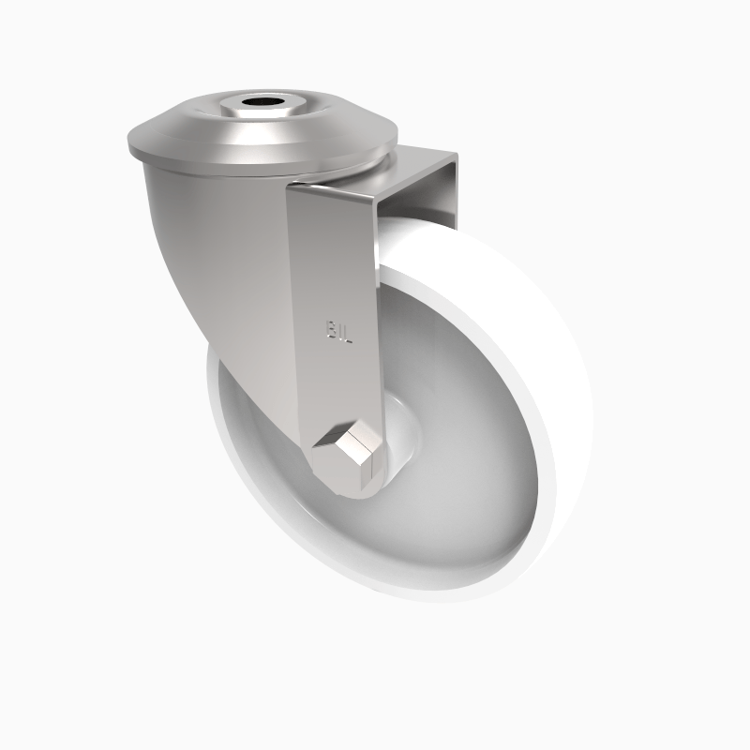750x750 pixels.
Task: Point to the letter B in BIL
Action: point(331,330)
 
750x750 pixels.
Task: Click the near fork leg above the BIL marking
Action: point(333,253)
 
